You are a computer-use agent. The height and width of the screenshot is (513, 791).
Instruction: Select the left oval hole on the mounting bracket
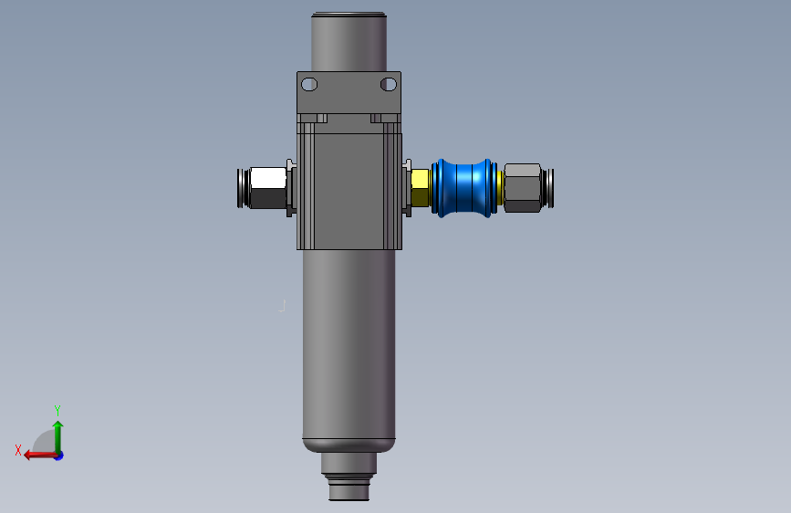[309, 84]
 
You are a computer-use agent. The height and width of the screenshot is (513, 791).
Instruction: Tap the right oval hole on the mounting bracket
[389, 84]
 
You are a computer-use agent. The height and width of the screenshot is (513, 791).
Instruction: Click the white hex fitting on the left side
[268, 188]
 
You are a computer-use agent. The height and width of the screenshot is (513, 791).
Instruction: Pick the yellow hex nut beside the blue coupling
[421, 188]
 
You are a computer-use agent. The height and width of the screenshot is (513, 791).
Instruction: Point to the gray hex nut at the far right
[523, 188]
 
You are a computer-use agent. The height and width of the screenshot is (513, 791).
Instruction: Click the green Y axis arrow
[58, 437]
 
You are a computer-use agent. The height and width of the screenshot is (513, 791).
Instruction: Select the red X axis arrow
[40, 455]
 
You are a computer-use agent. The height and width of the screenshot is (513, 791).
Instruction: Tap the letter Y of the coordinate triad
[57, 410]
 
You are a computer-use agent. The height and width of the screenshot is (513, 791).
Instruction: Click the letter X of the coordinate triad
[18, 450]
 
